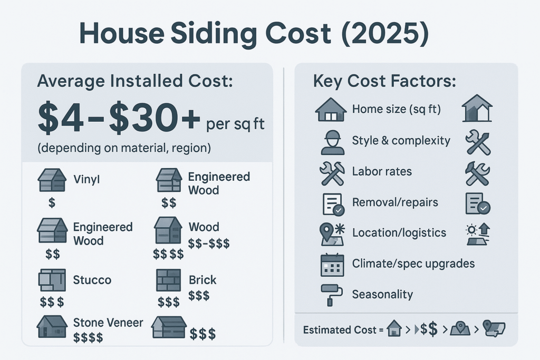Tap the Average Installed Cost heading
135,81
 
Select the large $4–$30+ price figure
119,118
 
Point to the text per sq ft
235,124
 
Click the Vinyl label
86,179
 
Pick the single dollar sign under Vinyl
52,202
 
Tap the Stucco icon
52,280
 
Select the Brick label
202,280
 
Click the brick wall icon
168,280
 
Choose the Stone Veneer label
108,323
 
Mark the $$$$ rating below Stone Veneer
88,338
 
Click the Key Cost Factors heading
384,81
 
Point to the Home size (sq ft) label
397,109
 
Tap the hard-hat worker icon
333,142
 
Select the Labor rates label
382,171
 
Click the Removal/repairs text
395,202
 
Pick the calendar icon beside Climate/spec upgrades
332,265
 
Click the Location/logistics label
399,232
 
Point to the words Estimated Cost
340,330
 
